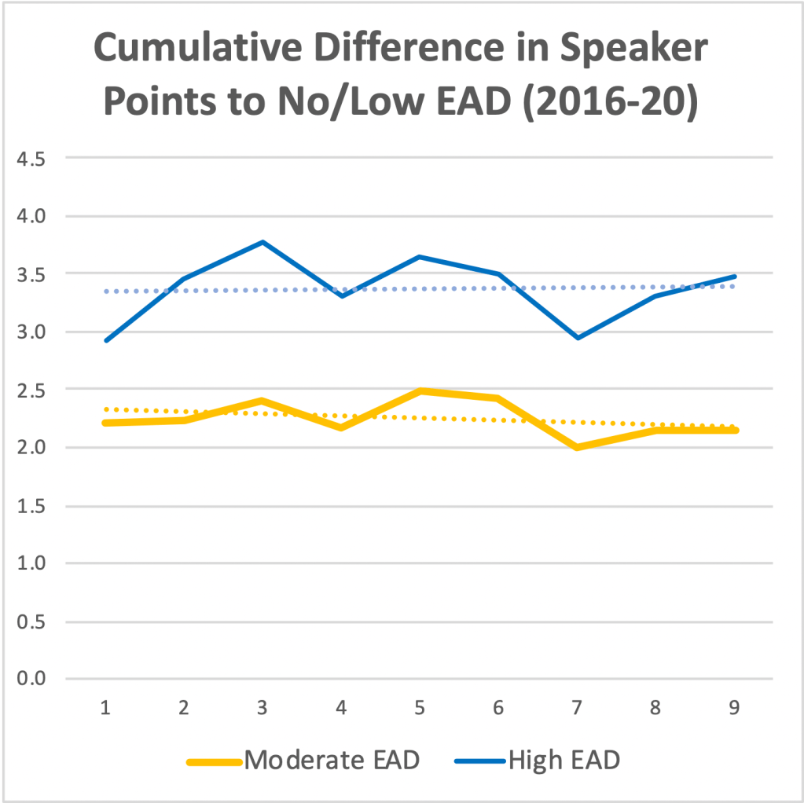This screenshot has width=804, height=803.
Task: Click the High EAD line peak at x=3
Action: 262,242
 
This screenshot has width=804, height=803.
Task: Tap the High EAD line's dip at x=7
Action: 578,338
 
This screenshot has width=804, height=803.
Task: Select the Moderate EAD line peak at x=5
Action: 420,390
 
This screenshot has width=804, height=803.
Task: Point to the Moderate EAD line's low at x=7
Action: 578,447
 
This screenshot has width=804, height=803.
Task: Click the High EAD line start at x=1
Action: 105,340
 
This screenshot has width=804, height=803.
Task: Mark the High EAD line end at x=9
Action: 735,277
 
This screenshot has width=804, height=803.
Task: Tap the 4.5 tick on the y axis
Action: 32,158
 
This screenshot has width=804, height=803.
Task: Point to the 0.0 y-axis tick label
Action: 32,679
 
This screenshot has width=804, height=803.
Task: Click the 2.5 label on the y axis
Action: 32,390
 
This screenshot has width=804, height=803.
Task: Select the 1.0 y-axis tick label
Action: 32,563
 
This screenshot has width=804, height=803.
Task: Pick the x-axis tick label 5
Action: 420,708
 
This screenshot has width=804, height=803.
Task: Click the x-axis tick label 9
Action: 735,708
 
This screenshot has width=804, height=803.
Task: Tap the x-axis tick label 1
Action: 105,708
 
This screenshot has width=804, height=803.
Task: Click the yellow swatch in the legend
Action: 212,761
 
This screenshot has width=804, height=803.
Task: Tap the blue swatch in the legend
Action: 479,761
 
